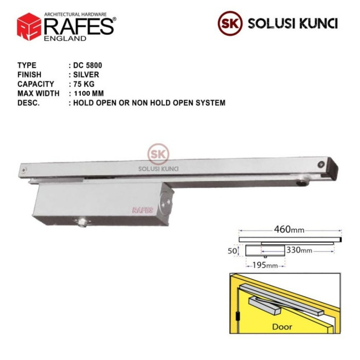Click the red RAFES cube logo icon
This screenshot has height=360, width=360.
(x=29, y=26)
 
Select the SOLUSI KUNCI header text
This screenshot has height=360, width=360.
(x=293, y=24)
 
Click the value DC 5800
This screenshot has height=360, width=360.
(x=88, y=66)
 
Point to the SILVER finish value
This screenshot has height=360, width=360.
(x=86, y=75)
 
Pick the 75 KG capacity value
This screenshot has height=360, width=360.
(x=84, y=84)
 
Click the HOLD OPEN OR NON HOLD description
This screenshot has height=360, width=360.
(x=149, y=103)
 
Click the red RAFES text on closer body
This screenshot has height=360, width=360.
(x=141, y=210)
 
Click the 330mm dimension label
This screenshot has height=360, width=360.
(x=299, y=250)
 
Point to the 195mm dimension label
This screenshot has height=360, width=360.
(x=265, y=265)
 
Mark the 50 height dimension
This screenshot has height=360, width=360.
(x=232, y=250)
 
